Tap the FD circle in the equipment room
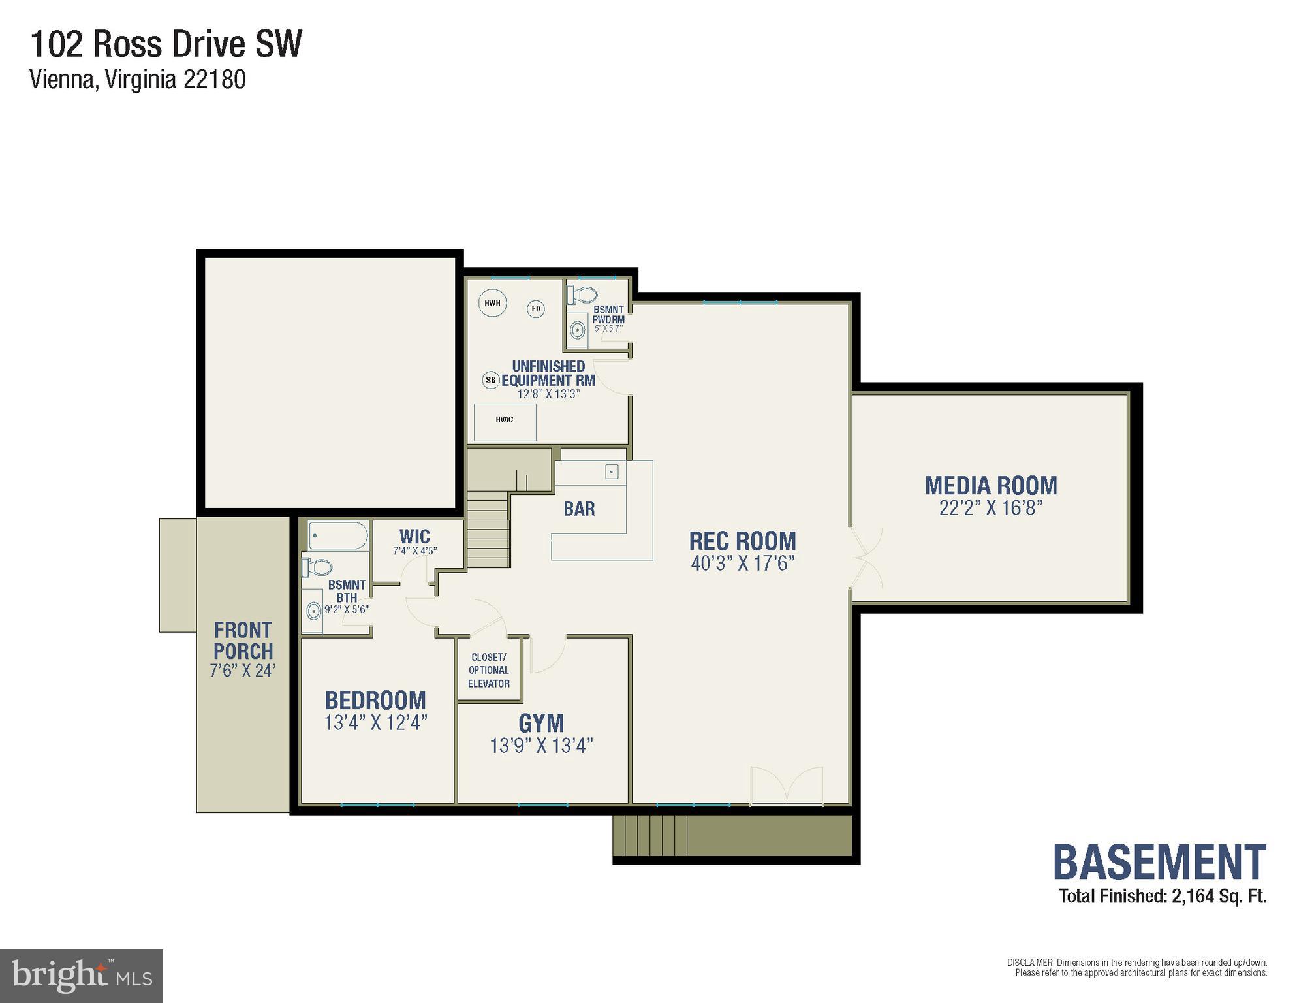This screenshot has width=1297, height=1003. [x=536, y=309]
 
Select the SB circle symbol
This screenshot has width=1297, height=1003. [x=491, y=380]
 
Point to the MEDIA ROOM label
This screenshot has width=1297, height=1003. [x=990, y=486]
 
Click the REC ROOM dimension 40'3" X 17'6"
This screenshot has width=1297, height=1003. [x=742, y=564]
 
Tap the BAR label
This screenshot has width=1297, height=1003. [x=579, y=509]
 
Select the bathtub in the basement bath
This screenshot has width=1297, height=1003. [x=337, y=535]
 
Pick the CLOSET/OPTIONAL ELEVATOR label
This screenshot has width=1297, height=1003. [x=488, y=670]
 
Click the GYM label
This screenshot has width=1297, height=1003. [x=541, y=724]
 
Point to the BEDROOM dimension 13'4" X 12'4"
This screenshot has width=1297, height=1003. [x=375, y=723]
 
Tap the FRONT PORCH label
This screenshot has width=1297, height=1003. [x=243, y=641]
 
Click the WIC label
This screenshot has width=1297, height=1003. [x=414, y=537]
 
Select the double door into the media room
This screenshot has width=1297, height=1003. [x=865, y=558]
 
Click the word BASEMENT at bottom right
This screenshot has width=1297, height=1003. [x=1159, y=862]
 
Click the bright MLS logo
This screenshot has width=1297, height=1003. [x=82, y=976]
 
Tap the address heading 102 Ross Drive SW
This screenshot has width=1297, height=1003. [x=166, y=45]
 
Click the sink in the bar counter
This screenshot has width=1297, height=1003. [x=612, y=471]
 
